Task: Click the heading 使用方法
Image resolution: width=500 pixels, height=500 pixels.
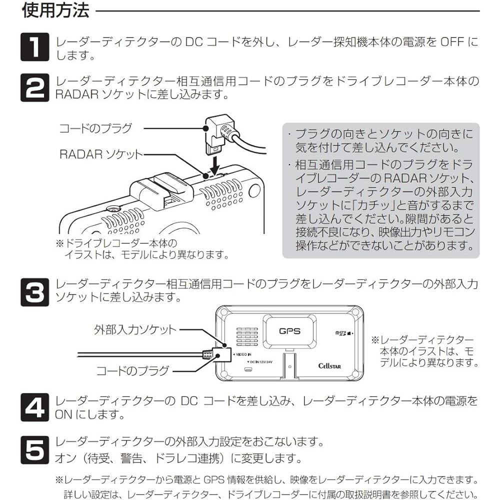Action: pyautogui.click(x=55, y=10)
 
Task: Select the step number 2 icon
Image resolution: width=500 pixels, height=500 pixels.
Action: pyautogui.click(x=34, y=87)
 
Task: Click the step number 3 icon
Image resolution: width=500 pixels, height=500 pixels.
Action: pyautogui.click(x=34, y=291)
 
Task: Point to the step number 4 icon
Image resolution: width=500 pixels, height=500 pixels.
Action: pyautogui.click(x=34, y=407)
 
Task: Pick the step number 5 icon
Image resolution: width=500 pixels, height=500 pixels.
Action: pyautogui.click(x=34, y=449)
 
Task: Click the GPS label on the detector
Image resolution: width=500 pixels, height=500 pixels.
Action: pyautogui.click(x=289, y=330)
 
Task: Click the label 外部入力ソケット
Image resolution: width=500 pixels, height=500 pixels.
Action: pyautogui.click(x=135, y=329)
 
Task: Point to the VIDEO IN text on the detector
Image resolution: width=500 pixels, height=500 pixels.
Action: pyautogui.click(x=243, y=354)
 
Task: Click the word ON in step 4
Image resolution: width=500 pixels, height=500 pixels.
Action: pyautogui.click(x=63, y=414)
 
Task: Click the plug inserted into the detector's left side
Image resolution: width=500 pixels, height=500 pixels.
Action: pyautogui.click(x=210, y=354)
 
